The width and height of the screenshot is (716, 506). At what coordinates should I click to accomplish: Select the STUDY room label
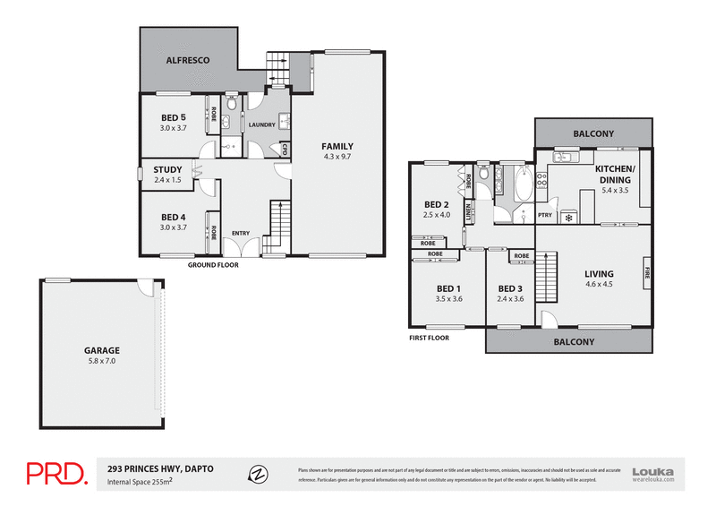(x=167, y=169)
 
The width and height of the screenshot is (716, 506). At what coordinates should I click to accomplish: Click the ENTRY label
(x=241, y=234)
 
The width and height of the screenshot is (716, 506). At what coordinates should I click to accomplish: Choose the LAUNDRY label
(x=260, y=124)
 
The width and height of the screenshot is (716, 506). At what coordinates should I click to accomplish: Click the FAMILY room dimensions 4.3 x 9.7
(x=337, y=158)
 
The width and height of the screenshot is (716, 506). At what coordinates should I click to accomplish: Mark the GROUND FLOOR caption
(x=212, y=265)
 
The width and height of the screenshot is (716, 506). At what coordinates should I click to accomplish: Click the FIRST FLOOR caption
(x=428, y=338)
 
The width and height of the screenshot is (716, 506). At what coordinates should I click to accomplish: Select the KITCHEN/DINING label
(x=615, y=174)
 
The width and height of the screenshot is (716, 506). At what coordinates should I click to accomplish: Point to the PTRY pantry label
(x=544, y=215)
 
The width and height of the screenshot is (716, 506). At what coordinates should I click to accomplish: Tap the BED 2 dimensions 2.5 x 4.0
(x=437, y=215)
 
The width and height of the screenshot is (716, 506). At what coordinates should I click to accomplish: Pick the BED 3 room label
(x=509, y=287)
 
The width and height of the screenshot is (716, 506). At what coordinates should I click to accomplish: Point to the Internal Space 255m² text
(x=140, y=481)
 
